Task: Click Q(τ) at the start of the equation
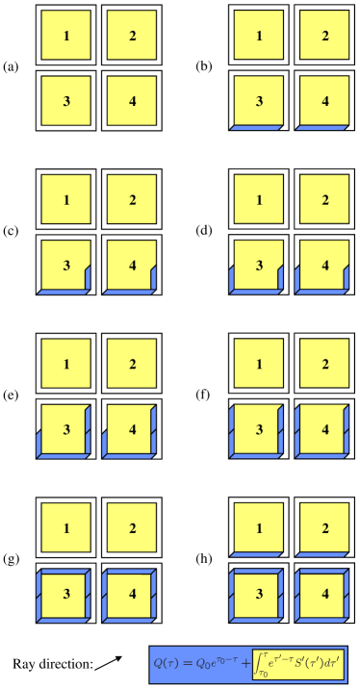[x=169, y=663]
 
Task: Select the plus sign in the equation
[x=243, y=663]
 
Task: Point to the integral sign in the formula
[x=257, y=663]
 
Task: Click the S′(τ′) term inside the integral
[x=307, y=663]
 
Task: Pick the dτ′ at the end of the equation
[x=332, y=663]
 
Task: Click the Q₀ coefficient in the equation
[x=207, y=663]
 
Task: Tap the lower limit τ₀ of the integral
[x=260, y=675]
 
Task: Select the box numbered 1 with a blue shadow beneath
[x=260, y=527]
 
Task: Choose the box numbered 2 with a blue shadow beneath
[x=325, y=527]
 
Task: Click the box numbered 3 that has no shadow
[x=66, y=101]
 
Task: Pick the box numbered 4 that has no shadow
[x=132, y=101]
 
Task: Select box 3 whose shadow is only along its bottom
[x=259, y=101]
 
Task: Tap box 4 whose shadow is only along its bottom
[x=325, y=101]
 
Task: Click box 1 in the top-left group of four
[x=66, y=36]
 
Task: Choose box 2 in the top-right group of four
[x=325, y=36]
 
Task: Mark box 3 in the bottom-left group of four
[x=66, y=594]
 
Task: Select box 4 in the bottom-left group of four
[x=132, y=594]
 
